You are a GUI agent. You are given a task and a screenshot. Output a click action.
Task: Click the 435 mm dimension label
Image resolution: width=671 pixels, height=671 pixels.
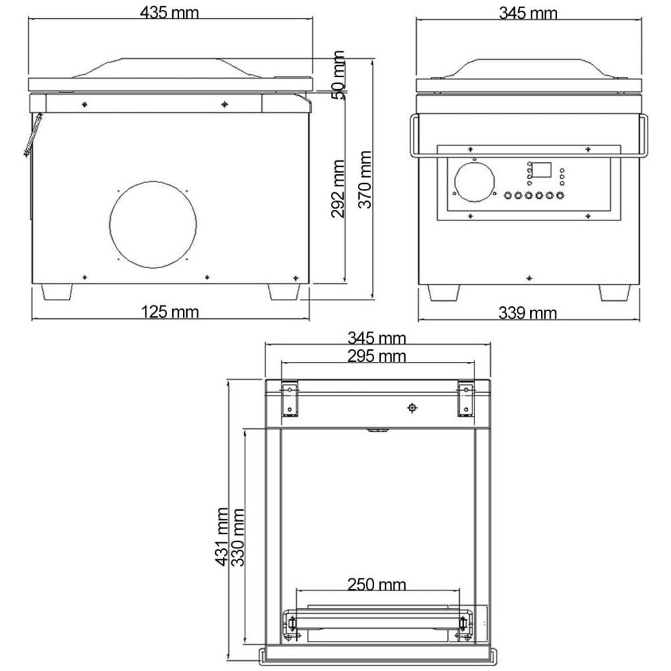click(x=170, y=13)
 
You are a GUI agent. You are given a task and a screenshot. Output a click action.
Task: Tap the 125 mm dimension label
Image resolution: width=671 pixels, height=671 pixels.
click(x=170, y=312)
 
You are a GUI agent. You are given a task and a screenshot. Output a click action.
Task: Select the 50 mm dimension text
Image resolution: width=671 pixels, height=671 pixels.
click(x=339, y=75)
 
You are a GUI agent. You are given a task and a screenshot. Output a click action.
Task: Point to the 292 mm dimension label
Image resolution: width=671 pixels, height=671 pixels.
click(x=338, y=188)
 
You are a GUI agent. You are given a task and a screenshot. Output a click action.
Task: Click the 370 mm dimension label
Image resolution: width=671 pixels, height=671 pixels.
click(x=365, y=179)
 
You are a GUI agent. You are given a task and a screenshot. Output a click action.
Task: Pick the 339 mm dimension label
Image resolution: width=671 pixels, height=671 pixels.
click(x=528, y=313)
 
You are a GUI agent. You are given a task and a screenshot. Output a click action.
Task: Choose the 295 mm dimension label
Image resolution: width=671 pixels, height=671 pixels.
click(x=377, y=356)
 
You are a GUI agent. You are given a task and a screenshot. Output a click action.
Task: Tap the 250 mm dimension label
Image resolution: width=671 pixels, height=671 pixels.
click(x=377, y=584)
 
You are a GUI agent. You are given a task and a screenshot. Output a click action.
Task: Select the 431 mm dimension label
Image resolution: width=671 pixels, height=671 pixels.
click(x=222, y=537)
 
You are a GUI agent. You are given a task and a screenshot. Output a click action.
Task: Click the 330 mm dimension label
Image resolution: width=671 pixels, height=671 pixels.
click(x=237, y=537)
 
